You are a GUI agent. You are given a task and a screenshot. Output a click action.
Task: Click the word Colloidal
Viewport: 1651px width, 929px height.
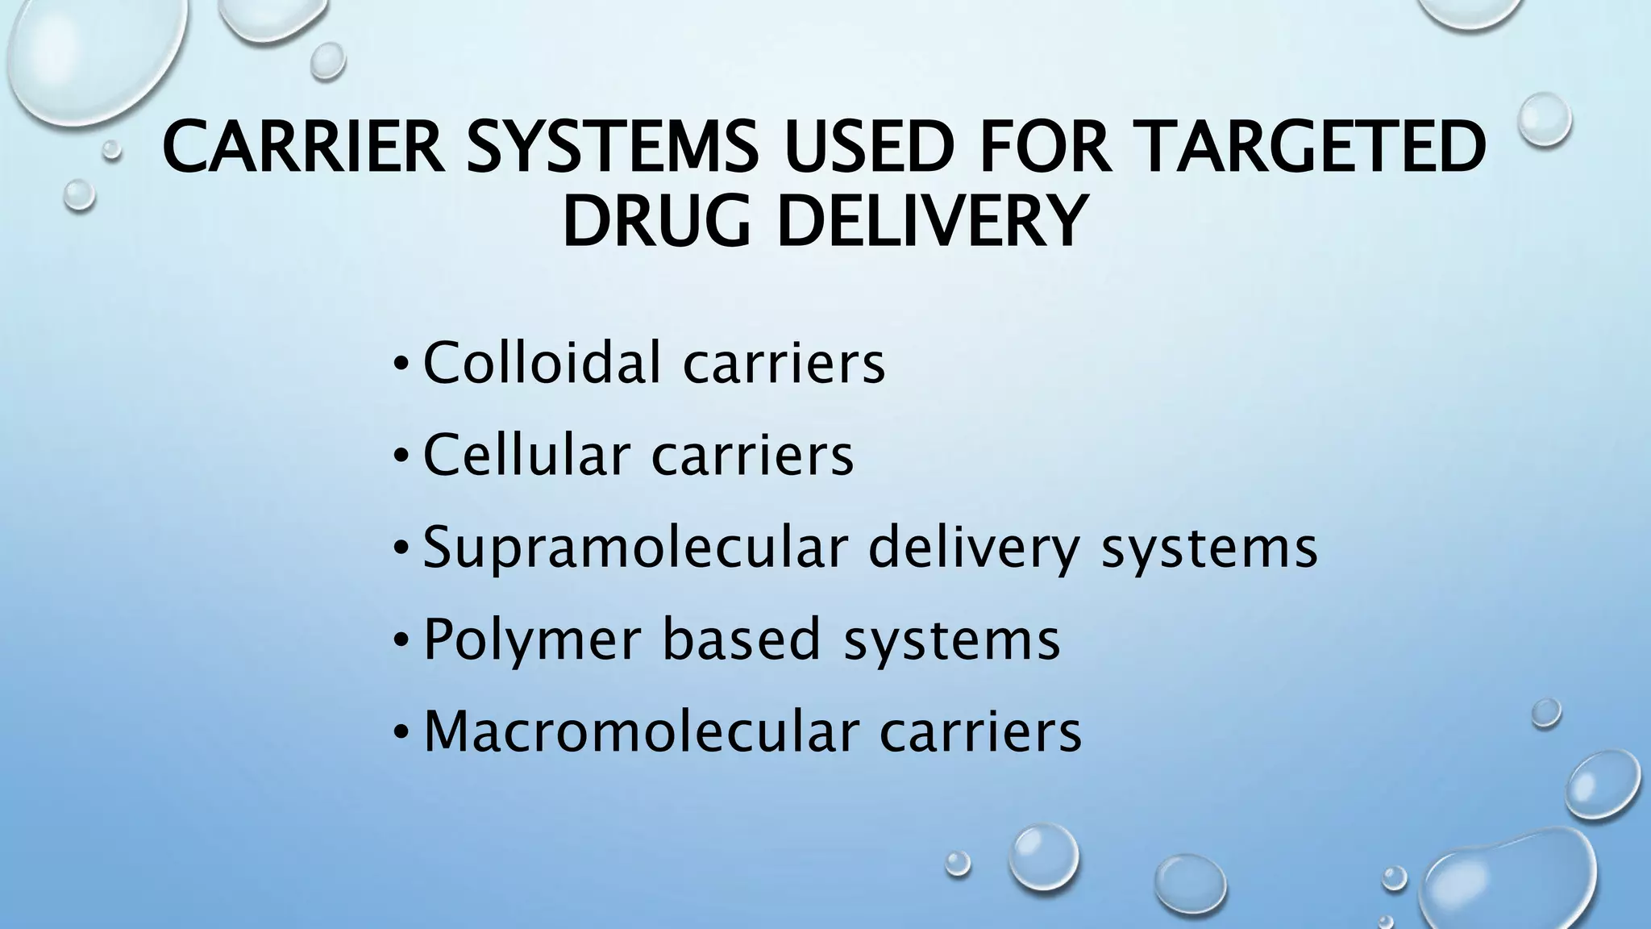(542, 362)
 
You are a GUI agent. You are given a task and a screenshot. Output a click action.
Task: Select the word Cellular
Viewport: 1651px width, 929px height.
(526, 455)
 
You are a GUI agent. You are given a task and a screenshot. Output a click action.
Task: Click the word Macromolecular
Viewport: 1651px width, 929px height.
(640, 731)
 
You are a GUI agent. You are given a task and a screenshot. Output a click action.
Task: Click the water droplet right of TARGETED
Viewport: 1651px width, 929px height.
(1545, 119)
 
